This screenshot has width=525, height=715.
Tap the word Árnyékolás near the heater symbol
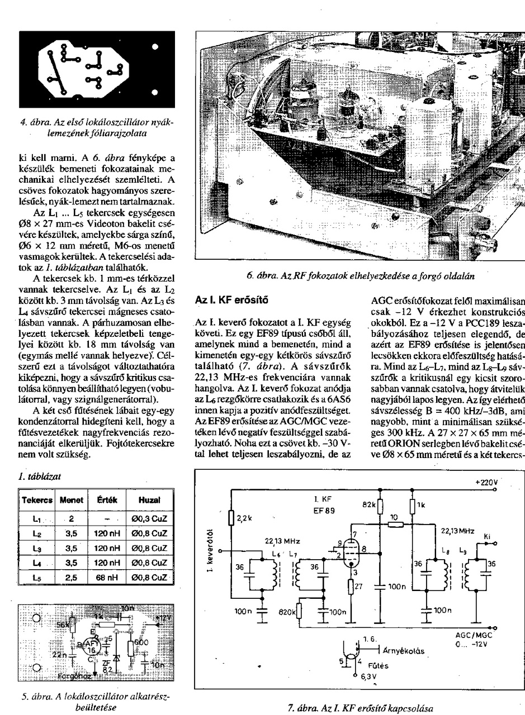coord(404,651)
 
